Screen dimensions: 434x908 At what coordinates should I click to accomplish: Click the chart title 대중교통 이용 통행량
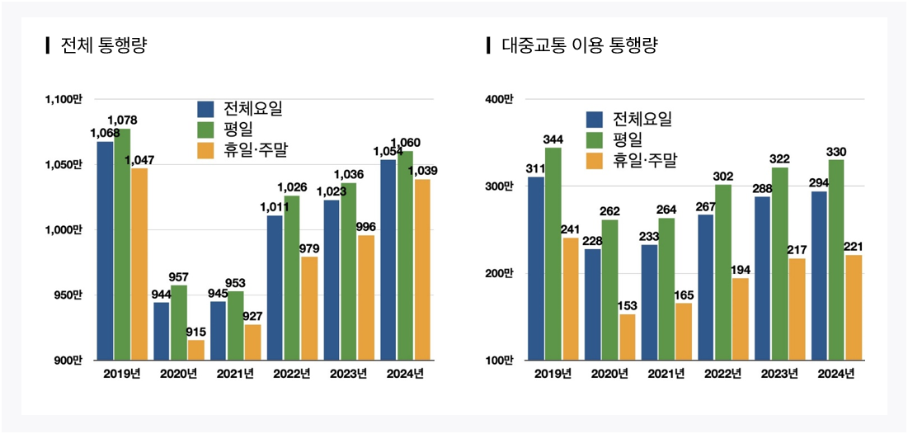coord(579,45)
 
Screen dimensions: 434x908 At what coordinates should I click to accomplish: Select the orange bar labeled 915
coord(196,350)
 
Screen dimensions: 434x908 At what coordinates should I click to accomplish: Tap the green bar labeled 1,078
coord(122,244)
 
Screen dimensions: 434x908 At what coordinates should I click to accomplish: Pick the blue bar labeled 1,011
coord(275,287)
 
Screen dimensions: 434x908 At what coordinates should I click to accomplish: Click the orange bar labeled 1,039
coord(421,270)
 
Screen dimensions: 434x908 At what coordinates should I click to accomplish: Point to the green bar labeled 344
coord(553,253)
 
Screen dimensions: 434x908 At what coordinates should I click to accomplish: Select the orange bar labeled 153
coord(628,337)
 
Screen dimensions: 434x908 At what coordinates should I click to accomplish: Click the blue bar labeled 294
coord(819,276)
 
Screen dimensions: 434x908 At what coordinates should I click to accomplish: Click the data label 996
coord(365,226)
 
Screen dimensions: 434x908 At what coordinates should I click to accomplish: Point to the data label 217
coord(797,249)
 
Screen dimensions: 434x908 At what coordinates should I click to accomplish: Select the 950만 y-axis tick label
coord(68,295)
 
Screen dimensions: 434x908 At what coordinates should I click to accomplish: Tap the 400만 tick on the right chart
coord(499,99)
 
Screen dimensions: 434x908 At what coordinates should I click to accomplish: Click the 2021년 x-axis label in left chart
coord(236,374)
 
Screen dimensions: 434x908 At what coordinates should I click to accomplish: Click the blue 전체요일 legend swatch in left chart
coord(205,109)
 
